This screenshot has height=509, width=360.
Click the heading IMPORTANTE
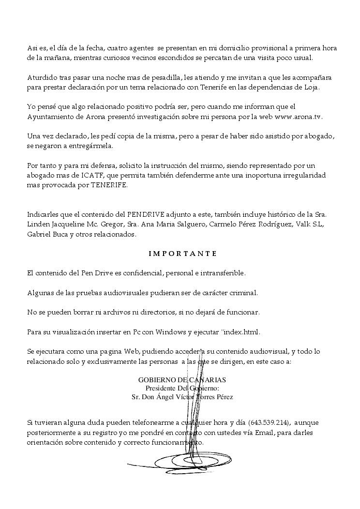[182, 254]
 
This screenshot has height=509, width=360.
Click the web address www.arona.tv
[298, 117]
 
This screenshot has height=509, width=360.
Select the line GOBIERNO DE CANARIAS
[182, 380]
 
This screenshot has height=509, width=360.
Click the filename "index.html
[241, 332]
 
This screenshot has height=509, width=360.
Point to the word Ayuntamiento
[50, 117]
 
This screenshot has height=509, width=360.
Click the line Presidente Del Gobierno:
[182, 389]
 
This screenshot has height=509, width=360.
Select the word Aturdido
[41, 77]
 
